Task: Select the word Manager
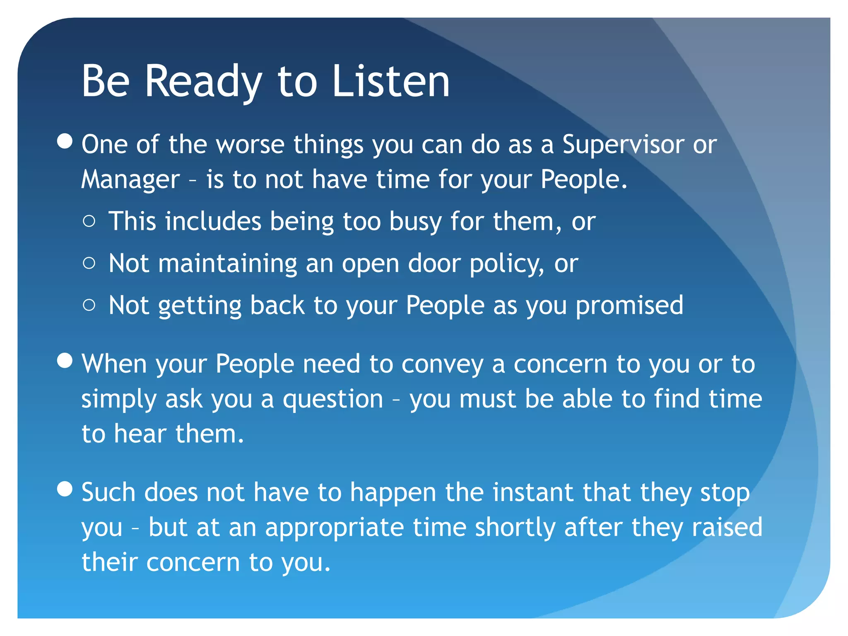[130, 180]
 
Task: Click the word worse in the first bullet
[251, 145]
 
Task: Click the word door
[434, 264]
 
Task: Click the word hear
[140, 434]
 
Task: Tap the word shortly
[515, 528]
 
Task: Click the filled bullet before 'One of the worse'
[65, 141]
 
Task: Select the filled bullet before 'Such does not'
[65, 489]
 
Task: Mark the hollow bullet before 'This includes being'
[89, 222]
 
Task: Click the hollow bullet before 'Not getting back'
[89, 306]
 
